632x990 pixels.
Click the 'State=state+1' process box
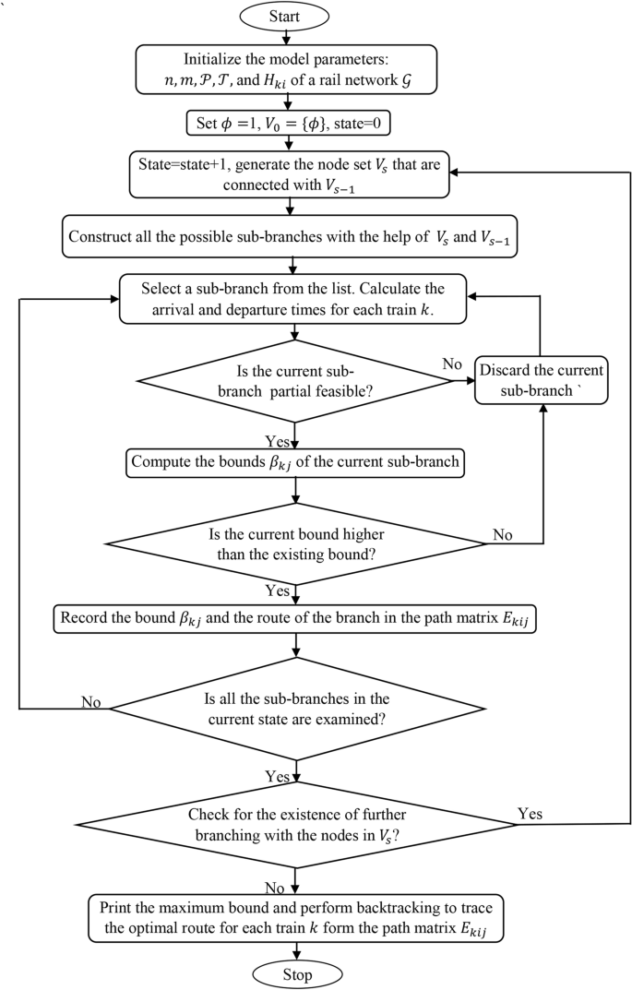pyautogui.click(x=293, y=173)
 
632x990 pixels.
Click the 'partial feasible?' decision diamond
pyautogui.click(x=293, y=382)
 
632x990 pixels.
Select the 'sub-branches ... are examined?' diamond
pyautogui.click(x=293, y=709)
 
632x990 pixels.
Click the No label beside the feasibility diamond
pyautogui.click(x=451, y=364)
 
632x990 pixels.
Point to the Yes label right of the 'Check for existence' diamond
pyautogui.click(x=531, y=813)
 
